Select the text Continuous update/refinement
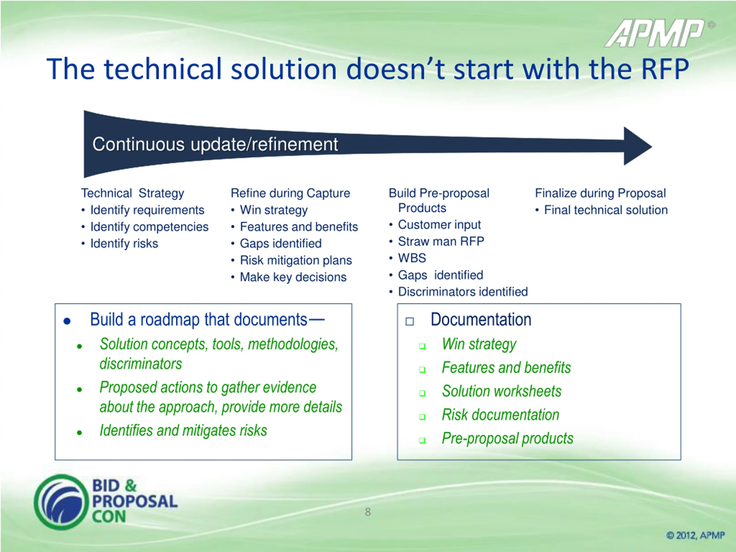point(215,144)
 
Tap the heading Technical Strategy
point(133,193)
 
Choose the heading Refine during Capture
point(290,193)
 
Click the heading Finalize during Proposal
point(600,193)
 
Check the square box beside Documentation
point(410,321)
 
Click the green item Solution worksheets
point(501,391)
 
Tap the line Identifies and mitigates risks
point(183,431)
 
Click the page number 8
point(368,512)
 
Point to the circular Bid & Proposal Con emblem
point(61,502)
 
